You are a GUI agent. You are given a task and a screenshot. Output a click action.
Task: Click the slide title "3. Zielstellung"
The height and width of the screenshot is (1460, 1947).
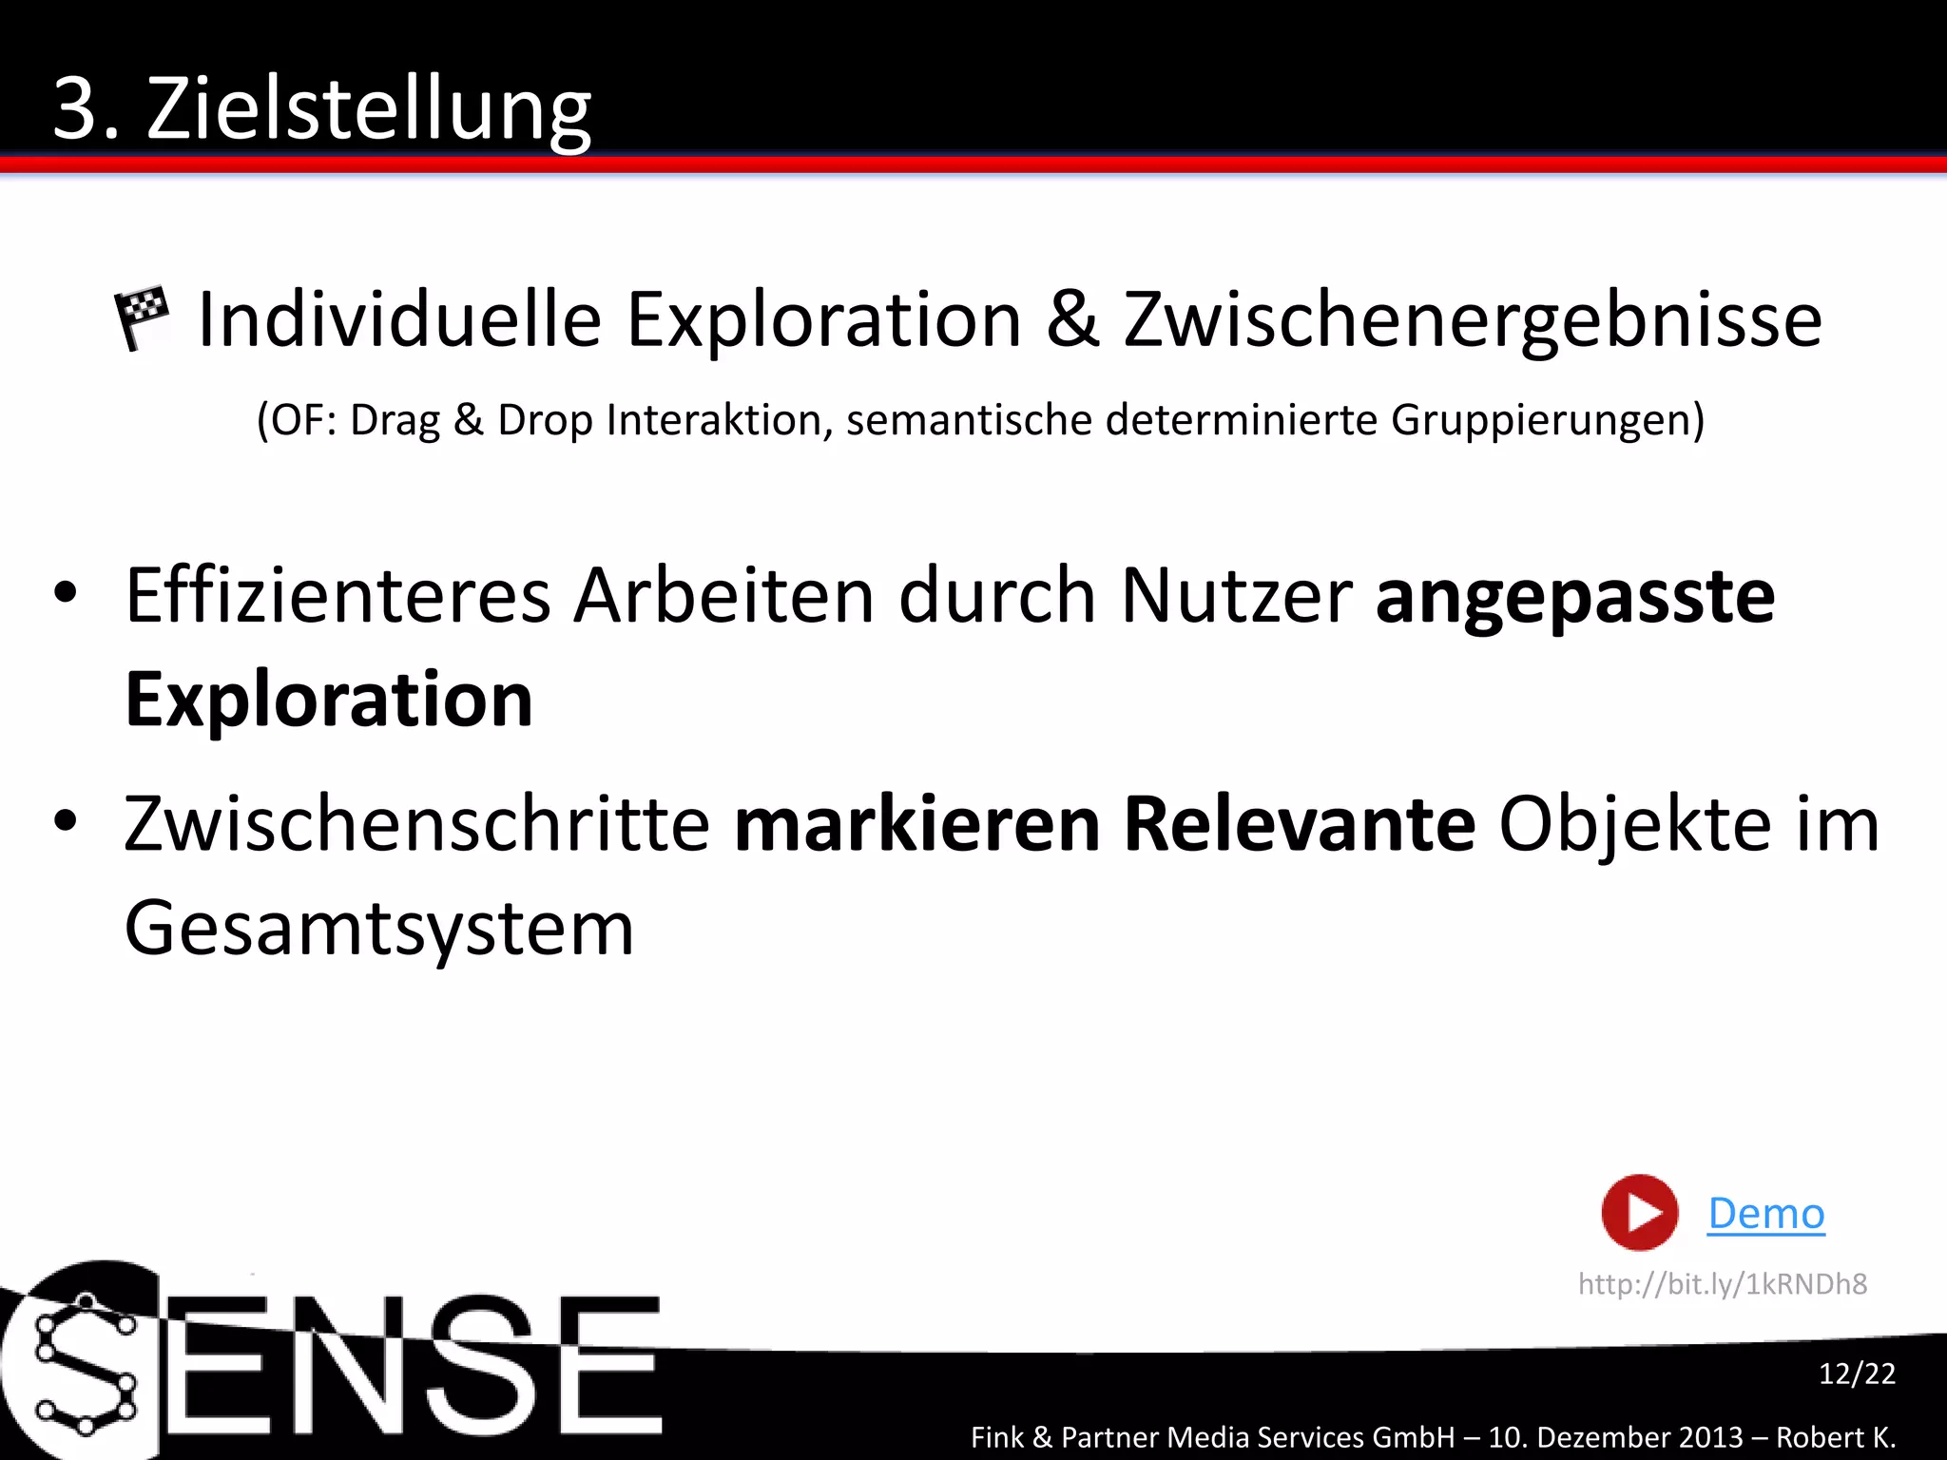[321, 109]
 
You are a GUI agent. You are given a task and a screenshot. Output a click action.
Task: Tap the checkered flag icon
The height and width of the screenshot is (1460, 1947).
[142, 317]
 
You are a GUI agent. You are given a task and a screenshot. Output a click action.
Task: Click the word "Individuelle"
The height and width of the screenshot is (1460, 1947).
[399, 319]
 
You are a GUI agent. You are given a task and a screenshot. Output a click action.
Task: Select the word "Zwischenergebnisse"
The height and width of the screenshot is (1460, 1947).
[1473, 321]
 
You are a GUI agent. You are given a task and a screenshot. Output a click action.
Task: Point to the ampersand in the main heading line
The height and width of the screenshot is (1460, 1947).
[1072, 319]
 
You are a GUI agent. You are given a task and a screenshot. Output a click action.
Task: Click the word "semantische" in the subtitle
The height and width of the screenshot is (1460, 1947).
[969, 420]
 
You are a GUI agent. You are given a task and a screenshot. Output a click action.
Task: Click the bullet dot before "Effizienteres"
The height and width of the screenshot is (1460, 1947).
[65, 593]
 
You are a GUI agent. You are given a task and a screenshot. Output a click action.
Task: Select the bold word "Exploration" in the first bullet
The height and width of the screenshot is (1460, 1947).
[329, 700]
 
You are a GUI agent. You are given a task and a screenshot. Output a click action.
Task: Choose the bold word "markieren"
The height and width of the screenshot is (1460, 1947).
[916, 823]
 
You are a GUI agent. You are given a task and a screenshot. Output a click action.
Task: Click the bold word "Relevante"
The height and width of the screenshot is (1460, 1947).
[1299, 823]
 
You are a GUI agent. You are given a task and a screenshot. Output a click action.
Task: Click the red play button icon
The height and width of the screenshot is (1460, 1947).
[1639, 1213]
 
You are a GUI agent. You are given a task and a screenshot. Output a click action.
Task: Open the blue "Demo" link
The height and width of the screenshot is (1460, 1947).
[1766, 1214]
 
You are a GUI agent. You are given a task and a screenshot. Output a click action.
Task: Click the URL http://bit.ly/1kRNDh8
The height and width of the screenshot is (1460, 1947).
[1723, 1284]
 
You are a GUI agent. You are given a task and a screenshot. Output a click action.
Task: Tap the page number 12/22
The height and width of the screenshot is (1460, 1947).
[1857, 1374]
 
